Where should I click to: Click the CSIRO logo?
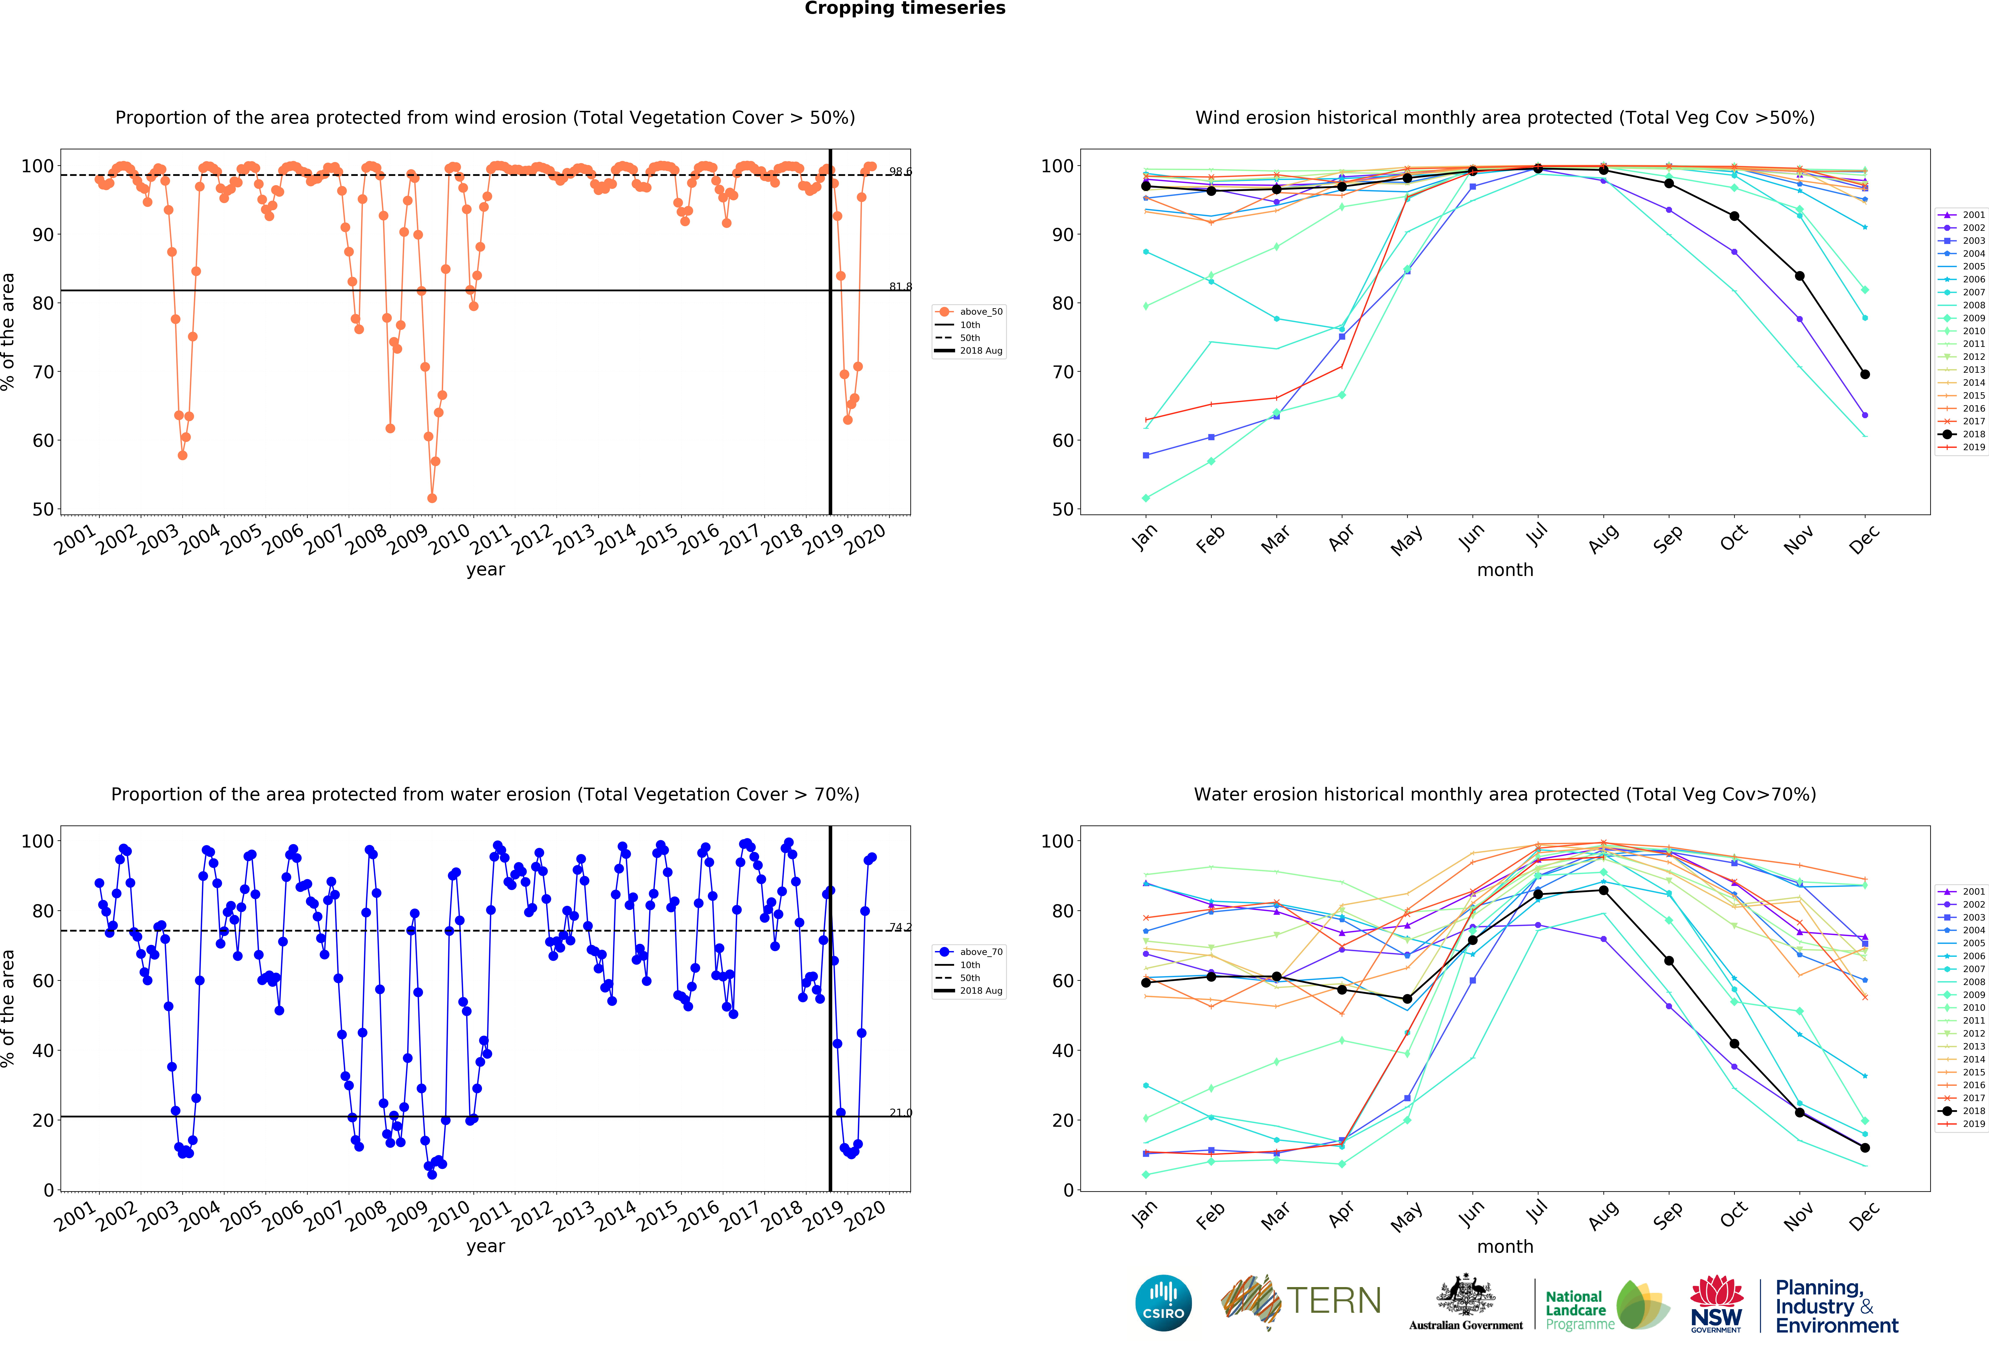(x=1163, y=1303)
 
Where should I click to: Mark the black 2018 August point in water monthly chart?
(x=1603, y=891)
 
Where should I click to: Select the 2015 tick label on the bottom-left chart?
(x=657, y=1216)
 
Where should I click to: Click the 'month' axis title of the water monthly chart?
(x=1505, y=1246)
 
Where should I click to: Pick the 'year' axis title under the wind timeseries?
(x=485, y=570)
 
